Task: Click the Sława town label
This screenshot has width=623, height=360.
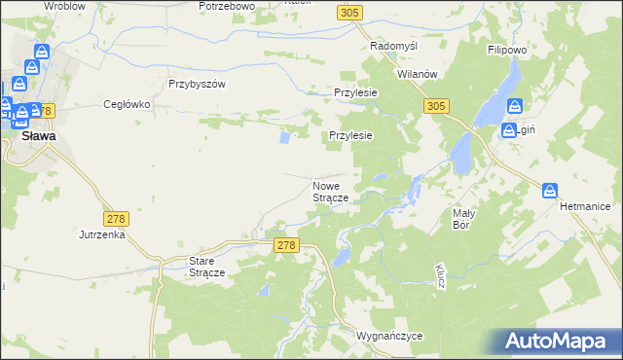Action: [38, 137]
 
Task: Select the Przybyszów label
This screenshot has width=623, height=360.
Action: [197, 84]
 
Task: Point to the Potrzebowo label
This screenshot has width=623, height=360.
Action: [226, 6]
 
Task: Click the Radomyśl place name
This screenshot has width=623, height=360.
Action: [394, 46]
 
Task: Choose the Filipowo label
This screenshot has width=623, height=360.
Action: [506, 47]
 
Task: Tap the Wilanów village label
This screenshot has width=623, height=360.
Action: [420, 74]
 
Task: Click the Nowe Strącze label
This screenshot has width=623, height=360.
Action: [331, 191]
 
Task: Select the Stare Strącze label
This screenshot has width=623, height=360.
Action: [206, 267]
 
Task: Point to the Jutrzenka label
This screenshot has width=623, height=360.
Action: [102, 234]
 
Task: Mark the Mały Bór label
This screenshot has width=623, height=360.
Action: [462, 218]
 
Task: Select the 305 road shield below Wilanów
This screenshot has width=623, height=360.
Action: [436, 105]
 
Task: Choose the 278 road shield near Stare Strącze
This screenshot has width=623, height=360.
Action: [285, 247]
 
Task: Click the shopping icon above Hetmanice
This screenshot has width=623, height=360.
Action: [550, 191]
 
